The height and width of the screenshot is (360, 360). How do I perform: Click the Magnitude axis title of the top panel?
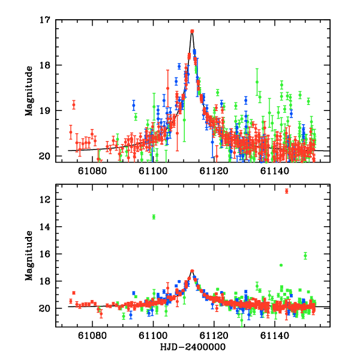tap(29, 88)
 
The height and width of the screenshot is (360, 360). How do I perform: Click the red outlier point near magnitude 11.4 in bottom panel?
tap(287, 191)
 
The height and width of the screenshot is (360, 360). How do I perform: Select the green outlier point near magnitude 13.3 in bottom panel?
tap(154, 217)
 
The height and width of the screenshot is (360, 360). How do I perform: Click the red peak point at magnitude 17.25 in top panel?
tap(192, 31)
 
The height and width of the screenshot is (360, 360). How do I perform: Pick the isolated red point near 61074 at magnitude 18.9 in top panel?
tap(74, 104)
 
